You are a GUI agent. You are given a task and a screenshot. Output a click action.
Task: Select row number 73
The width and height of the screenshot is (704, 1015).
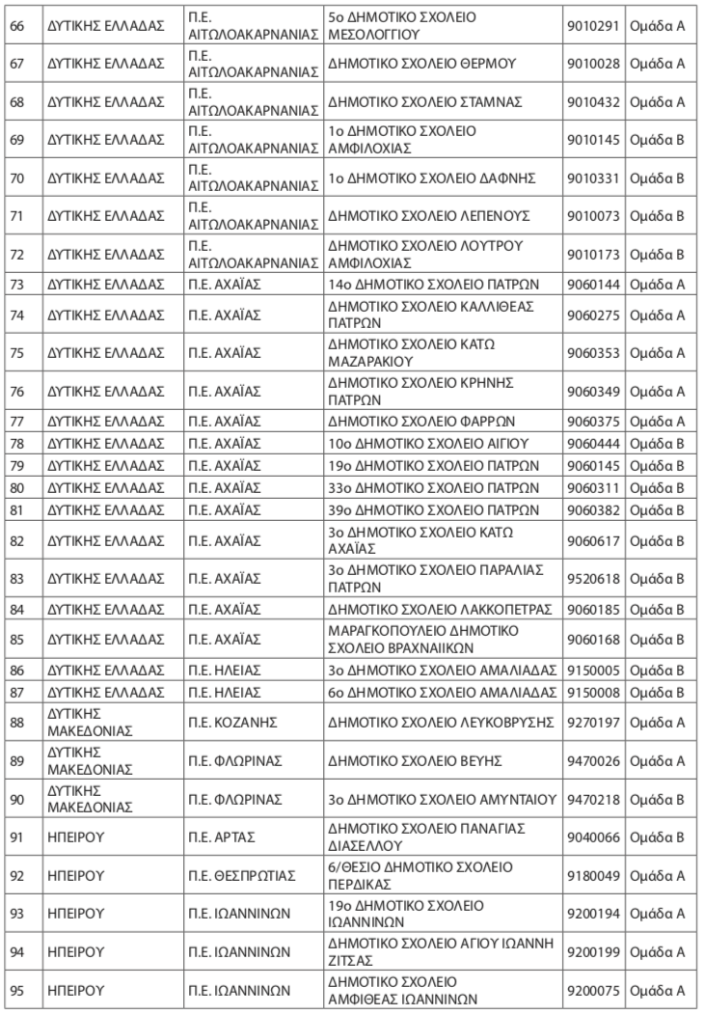(x=15, y=284)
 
